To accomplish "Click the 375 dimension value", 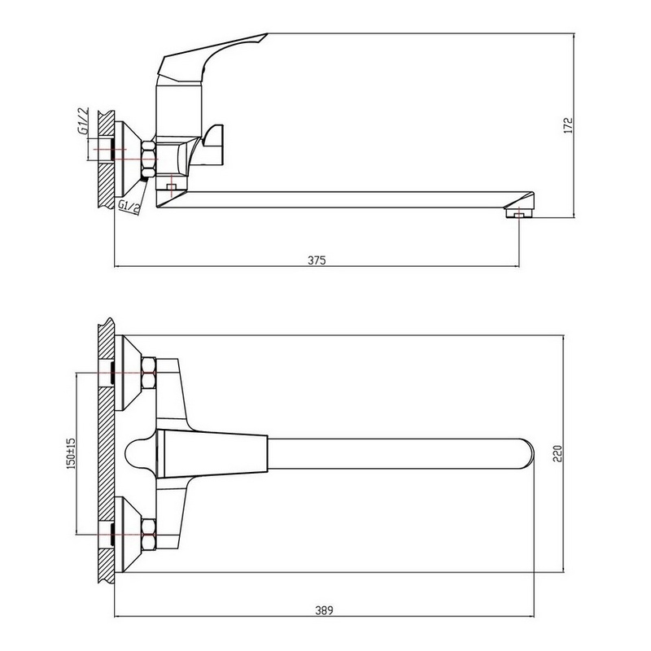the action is click(x=317, y=260).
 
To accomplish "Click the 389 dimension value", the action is click(x=324, y=610).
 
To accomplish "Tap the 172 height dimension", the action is click(x=568, y=125).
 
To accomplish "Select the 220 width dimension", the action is click(x=557, y=453).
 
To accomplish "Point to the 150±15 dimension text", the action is click(x=71, y=453).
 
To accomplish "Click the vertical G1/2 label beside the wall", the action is click(x=83, y=120).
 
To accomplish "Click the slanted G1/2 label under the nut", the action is click(x=129, y=208).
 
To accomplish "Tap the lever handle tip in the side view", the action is click(x=267, y=34).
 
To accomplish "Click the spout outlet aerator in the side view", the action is click(x=518, y=213).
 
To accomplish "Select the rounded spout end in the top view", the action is click(x=526, y=453).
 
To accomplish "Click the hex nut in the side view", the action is click(x=148, y=159).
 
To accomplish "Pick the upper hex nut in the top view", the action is click(x=149, y=374).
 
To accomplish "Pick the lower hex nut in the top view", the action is click(x=149, y=535).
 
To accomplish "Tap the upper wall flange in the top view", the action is click(x=128, y=373).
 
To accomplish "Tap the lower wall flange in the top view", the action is click(x=128, y=535).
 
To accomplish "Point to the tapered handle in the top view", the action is click(x=212, y=453).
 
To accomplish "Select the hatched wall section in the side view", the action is click(x=106, y=159).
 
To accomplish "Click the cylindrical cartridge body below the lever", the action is click(x=178, y=111).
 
